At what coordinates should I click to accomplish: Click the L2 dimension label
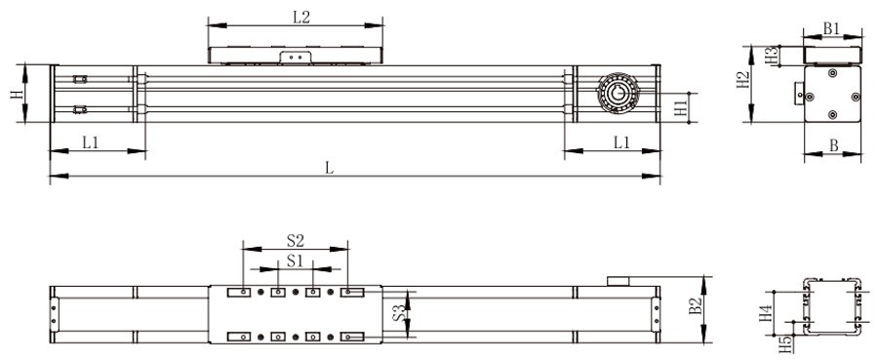point(300,17)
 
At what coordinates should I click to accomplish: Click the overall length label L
point(330,168)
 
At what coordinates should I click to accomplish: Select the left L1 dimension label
point(90,142)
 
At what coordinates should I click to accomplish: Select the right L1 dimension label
point(621,142)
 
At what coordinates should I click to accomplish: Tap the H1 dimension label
point(681,107)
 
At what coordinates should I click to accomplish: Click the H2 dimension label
point(743,81)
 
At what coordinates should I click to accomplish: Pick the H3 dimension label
point(771,56)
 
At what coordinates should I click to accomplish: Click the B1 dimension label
point(831,29)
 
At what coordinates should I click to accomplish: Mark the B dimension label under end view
point(833,145)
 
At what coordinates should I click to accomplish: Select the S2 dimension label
point(296,239)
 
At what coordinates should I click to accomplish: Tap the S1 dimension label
point(296,260)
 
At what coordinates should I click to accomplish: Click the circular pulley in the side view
point(617,94)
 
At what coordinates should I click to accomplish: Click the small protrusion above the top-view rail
point(620,281)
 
